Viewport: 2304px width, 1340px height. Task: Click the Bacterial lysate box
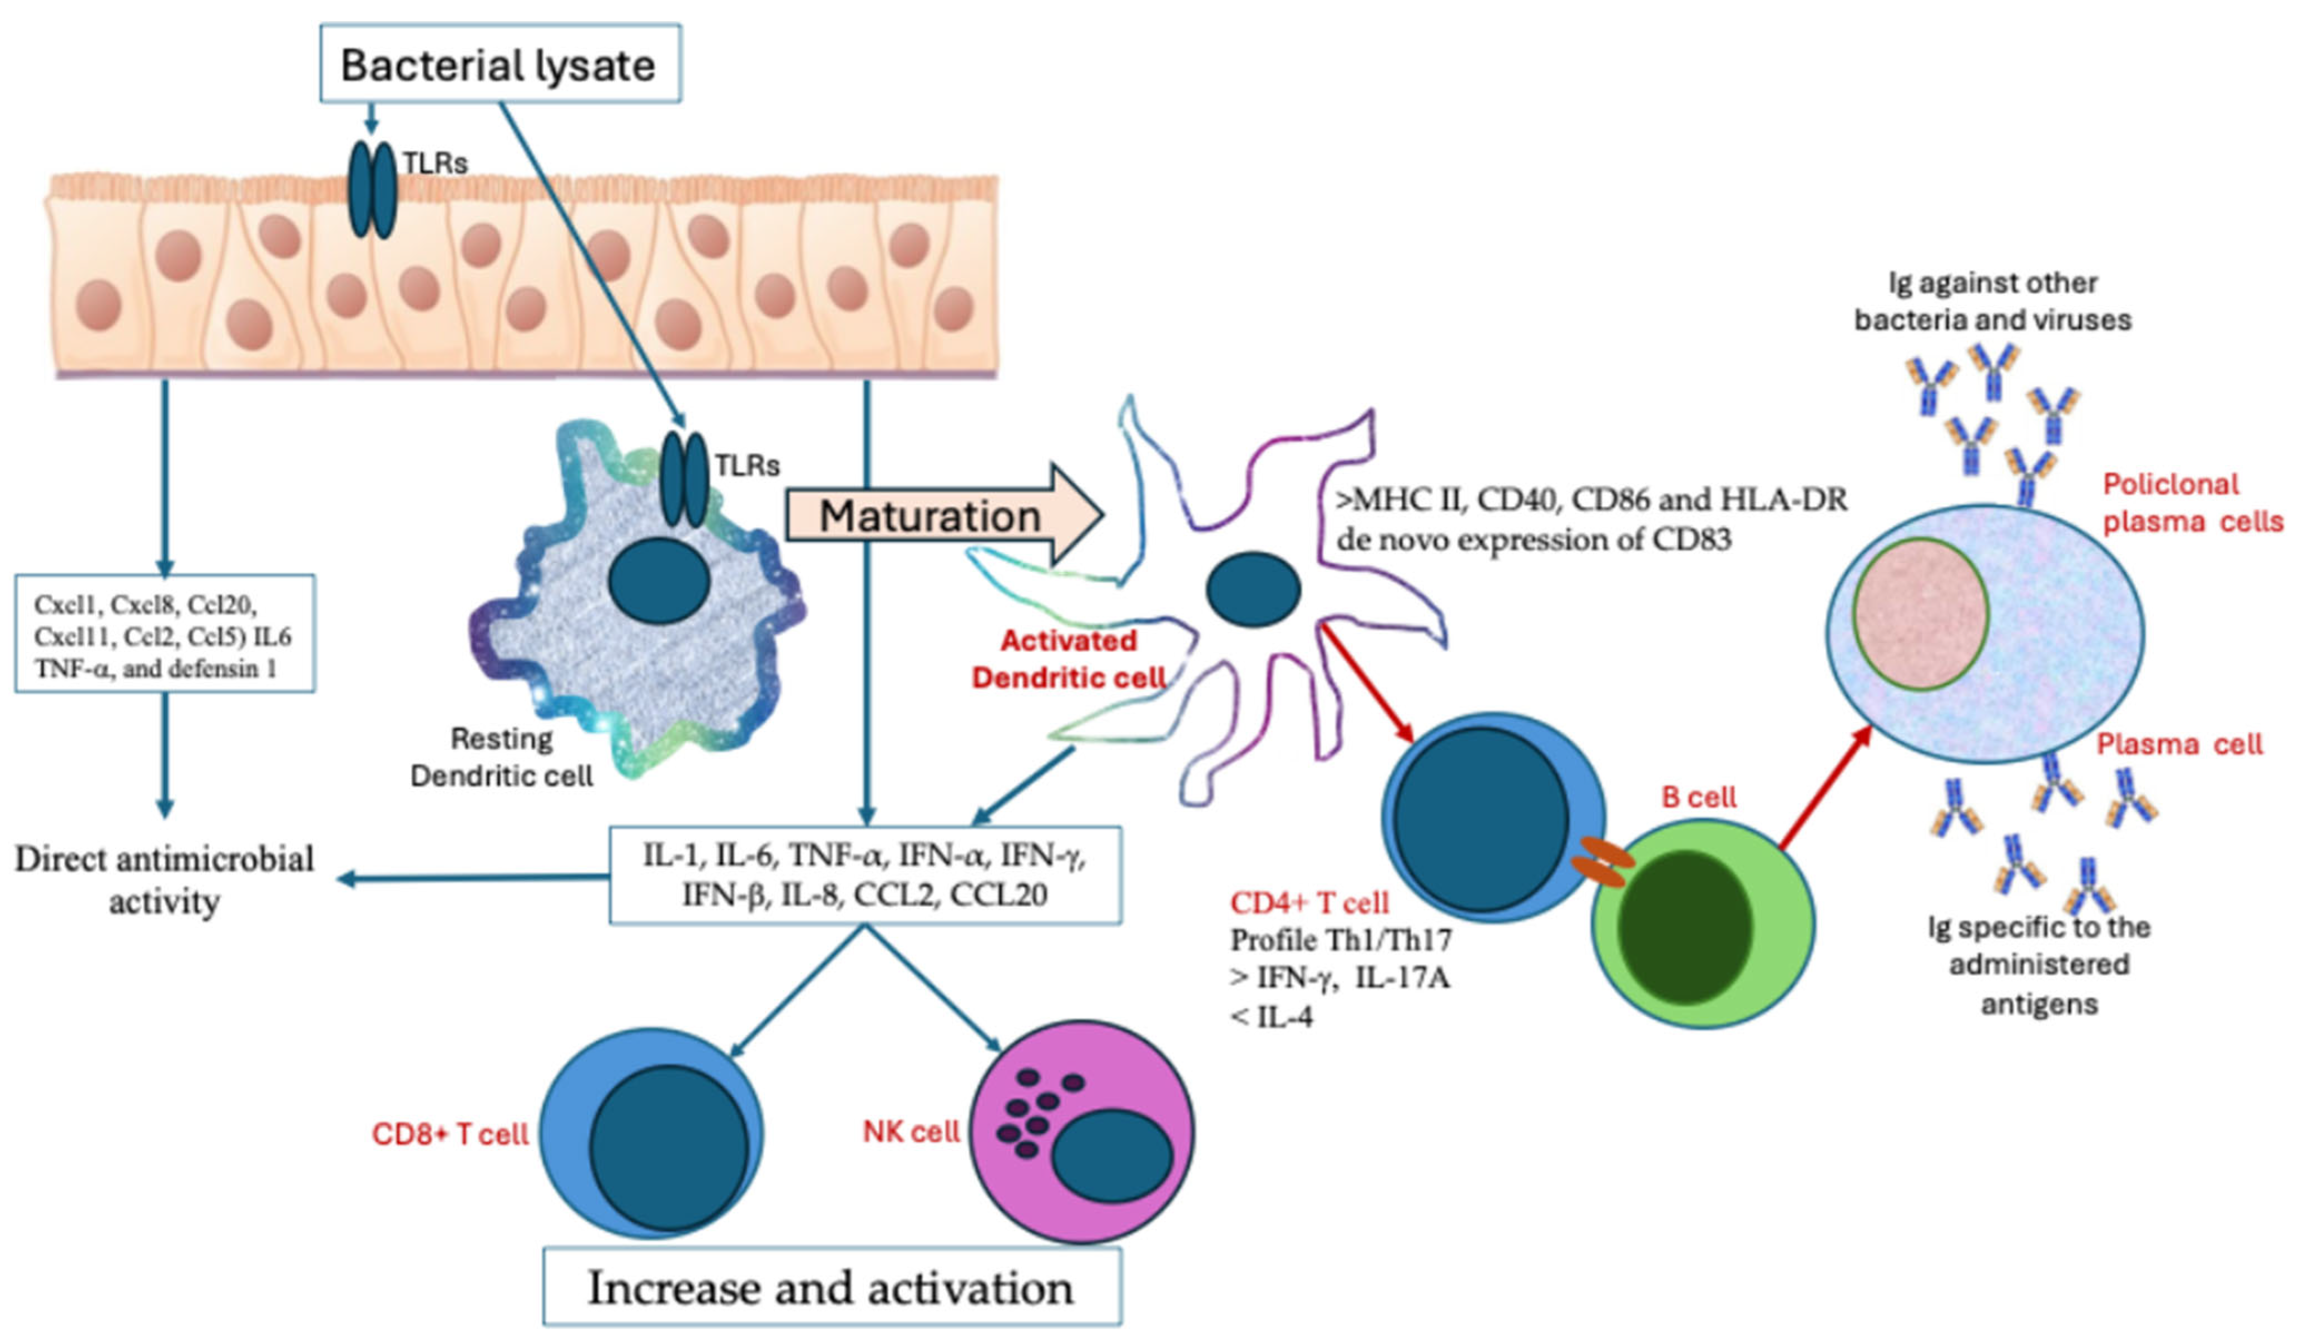point(499,64)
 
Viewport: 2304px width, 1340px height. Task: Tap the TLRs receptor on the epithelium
point(372,189)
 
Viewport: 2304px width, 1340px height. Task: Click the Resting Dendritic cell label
point(501,757)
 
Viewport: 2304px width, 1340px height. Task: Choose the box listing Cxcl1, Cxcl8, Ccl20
point(165,634)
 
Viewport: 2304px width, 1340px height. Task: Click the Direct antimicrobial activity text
point(165,879)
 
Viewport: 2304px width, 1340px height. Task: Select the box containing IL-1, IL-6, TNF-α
point(865,875)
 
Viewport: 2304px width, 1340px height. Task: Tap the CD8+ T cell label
point(450,1134)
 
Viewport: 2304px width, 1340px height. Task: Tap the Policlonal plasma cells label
point(2192,503)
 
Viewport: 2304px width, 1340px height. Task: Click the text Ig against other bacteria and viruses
point(1992,301)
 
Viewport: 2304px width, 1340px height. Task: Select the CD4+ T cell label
point(1309,903)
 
